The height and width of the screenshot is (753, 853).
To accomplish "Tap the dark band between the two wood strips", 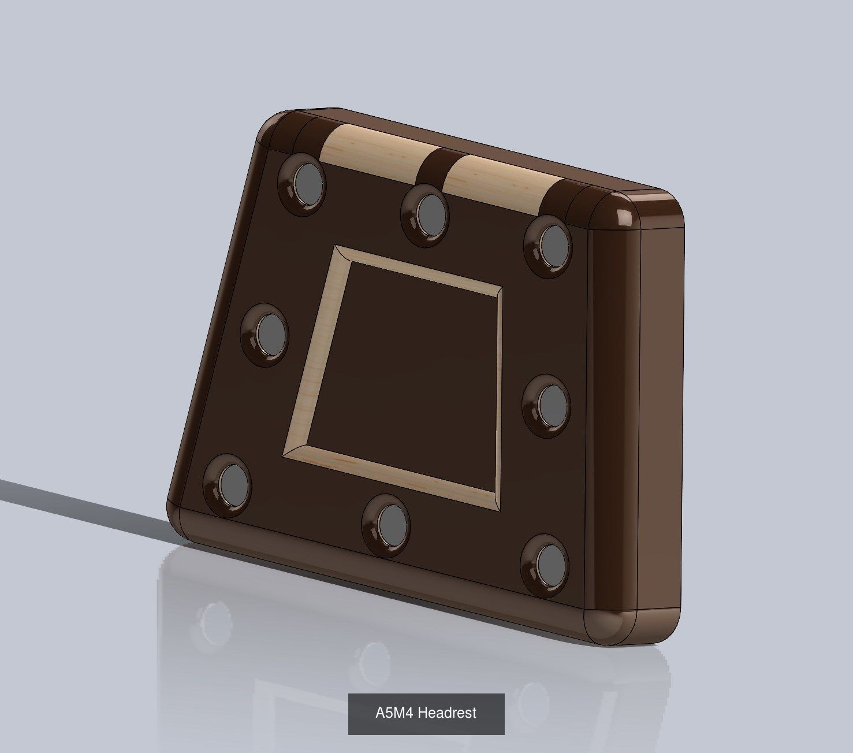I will point(435,165).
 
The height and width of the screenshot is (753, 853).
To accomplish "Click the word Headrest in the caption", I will point(447,713).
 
